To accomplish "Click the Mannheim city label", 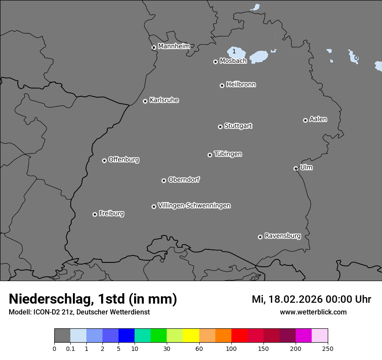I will click(174, 46).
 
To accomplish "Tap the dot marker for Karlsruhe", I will click(145, 101).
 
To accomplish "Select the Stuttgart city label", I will click(238, 126).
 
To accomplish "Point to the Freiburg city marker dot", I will click(95, 214).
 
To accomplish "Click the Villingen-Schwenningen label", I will click(194, 206).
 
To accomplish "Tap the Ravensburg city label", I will click(282, 236).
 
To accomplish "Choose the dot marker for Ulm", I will click(296, 168).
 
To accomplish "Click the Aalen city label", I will click(318, 119).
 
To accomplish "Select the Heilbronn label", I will click(241, 85).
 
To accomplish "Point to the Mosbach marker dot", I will click(215, 62).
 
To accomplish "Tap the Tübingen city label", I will click(228, 154).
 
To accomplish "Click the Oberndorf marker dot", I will click(164, 180).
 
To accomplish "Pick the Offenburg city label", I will click(124, 160).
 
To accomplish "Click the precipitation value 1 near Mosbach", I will click(234, 51).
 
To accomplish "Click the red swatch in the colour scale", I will click(239, 336).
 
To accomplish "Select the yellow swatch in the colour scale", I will click(191, 336).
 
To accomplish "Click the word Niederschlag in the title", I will click(50, 299).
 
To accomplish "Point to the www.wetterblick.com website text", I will click(313, 312).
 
